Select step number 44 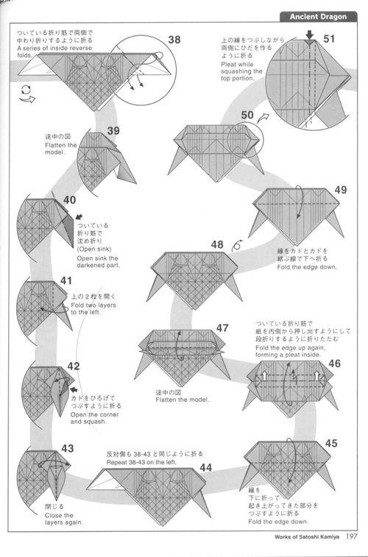[x=205, y=467]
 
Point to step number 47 [x=222, y=327]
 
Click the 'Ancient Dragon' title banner [x=319, y=16]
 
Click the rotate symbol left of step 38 [x=27, y=93]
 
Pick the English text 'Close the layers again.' [x=64, y=518]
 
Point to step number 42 [x=74, y=366]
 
